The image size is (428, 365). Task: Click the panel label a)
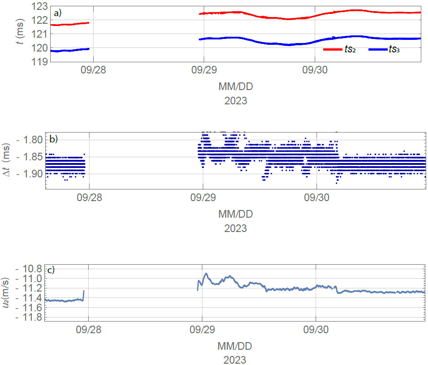pyautogui.click(x=57, y=13)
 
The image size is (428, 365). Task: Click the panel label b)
pyautogui.click(x=54, y=139)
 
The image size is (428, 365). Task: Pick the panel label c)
pyautogui.click(x=52, y=270)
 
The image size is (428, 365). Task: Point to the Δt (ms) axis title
pyautogui.click(x=8, y=161)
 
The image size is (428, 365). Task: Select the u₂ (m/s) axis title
pyautogui.click(x=8, y=292)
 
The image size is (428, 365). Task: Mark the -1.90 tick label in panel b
pyautogui.click(x=28, y=174)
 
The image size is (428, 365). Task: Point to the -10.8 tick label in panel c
pyautogui.click(x=28, y=269)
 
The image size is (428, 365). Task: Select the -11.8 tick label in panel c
pyautogui.click(x=28, y=317)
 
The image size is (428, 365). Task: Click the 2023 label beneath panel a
pyautogui.click(x=235, y=101)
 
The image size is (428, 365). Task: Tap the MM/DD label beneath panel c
pyautogui.click(x=235, y=346)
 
